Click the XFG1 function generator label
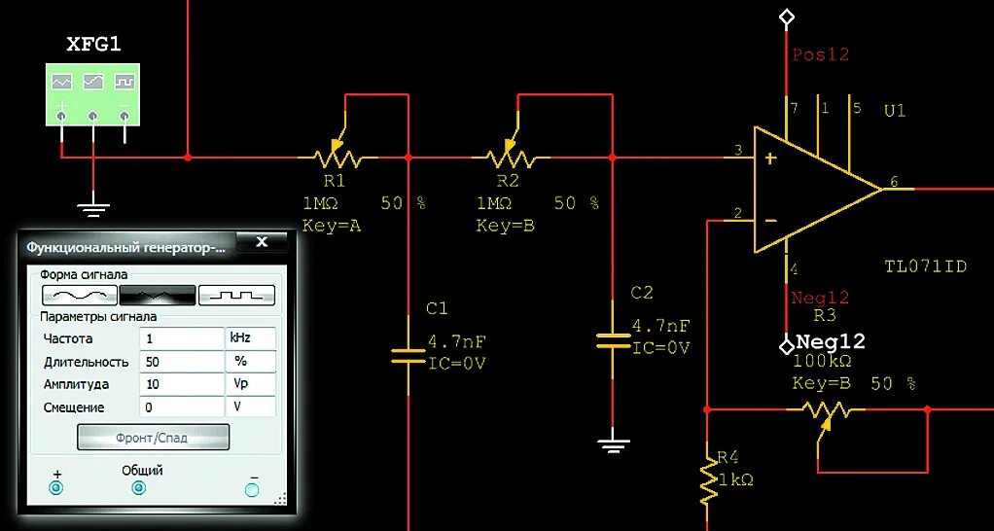click(93, 44)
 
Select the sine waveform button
click(80, 294)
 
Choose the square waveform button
click(236, 294)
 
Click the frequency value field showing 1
click(181, 338)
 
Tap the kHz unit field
click(250, 338)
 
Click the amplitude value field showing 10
click(181, 384)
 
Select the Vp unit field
click(250, 384)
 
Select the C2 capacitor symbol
click(612, 339)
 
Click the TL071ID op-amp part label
click(925, 266)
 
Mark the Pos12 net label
click(820, 54)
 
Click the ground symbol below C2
click(612, 445)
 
